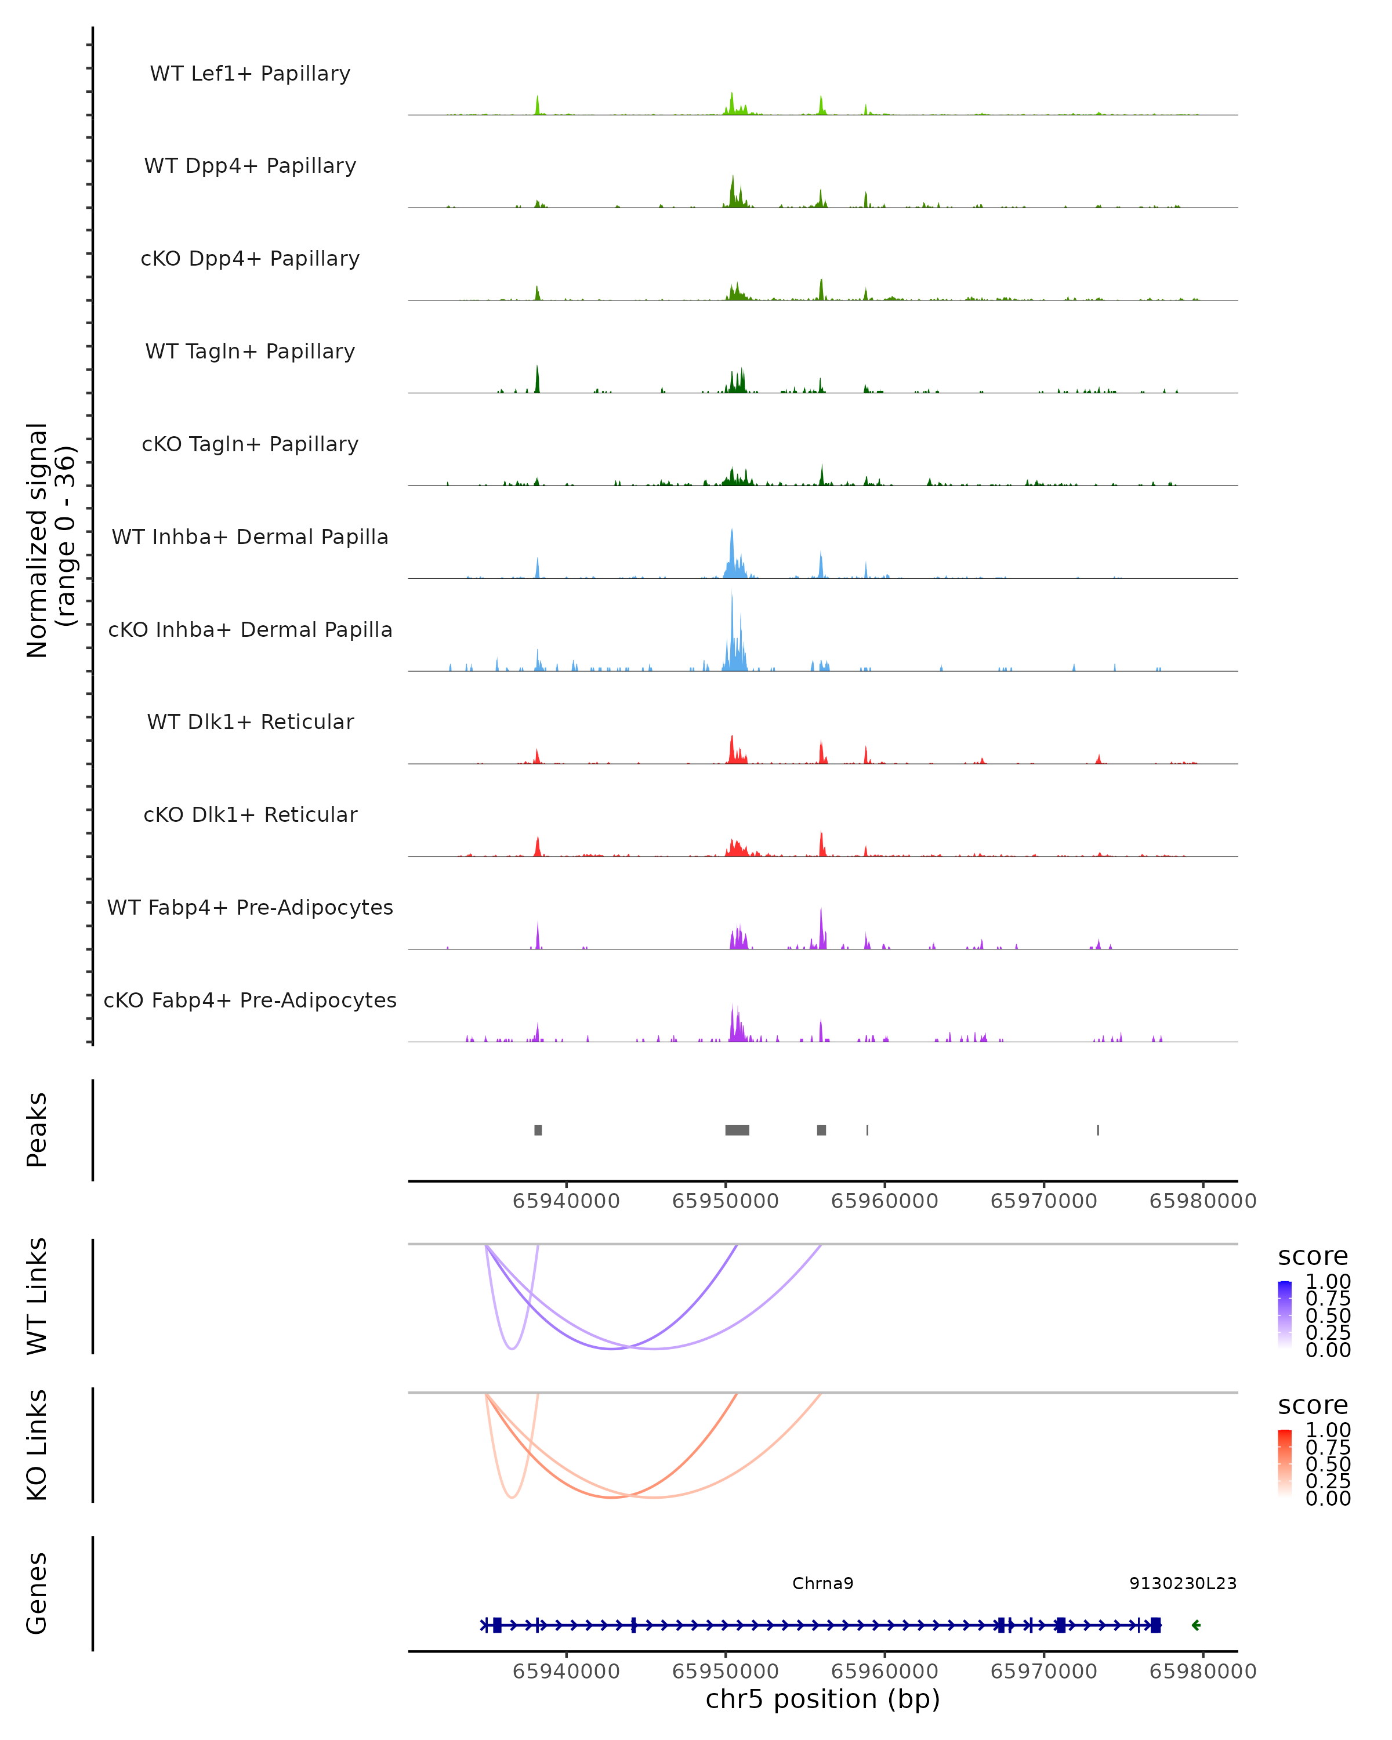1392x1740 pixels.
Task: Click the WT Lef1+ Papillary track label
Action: click(x=250, y=74)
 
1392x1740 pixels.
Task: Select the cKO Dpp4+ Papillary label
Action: click(x=250, y=259)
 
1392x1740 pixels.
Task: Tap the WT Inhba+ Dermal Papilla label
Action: click(x=250, y=538)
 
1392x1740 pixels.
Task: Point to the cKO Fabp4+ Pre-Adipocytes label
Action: click(x=250, y=1000)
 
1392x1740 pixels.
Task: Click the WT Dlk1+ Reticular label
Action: click(x=250, y=722)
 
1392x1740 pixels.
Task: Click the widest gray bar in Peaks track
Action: click(x=737, y=1130)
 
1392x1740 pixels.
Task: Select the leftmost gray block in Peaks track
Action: click(x=538, y=1130)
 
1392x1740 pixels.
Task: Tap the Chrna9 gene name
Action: click(x=822, y=1583)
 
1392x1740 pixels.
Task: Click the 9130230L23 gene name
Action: click(x=1182, y=1583)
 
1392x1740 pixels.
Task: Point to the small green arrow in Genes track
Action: click(x=1196, y=1625)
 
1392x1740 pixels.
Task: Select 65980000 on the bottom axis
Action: click(x=1202, y=1672)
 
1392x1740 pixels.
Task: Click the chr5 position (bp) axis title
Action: click(x=822, y=1699)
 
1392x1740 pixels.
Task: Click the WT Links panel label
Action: click(x=37, y=1296)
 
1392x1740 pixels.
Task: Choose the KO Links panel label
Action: click(x=37, y=1445)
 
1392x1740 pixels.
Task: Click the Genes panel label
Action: click(x=37, y=1593)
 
